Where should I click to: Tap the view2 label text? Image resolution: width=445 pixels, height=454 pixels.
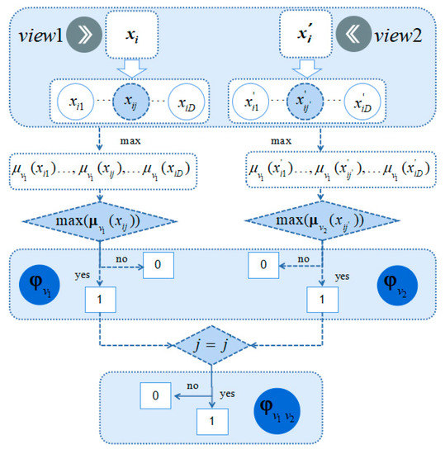pyautogui.click(x=400, y=36)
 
